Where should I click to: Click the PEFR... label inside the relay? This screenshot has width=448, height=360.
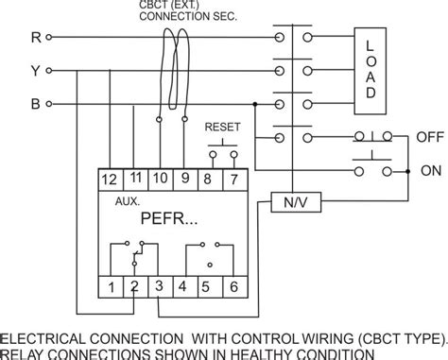(x=170, y=221)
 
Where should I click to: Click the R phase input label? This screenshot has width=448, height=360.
(x=35, y=38)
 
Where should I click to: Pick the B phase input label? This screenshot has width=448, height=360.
(x=35, y=104)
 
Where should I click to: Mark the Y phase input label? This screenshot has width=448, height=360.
(x=35, y=71)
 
